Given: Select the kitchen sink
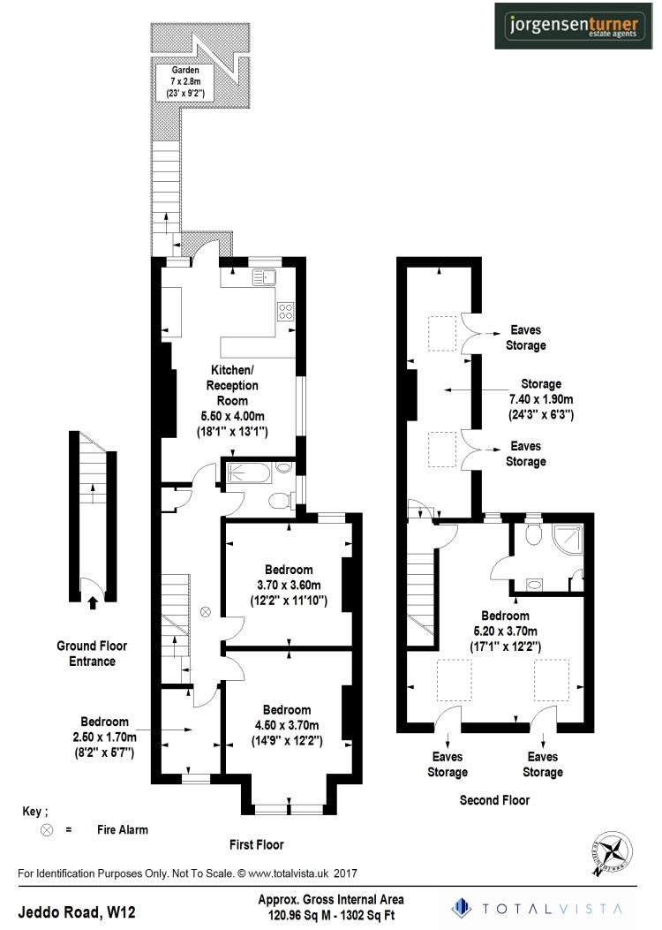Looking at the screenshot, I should pyautogui.click(x=265, y=278).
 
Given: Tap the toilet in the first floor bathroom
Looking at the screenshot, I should pyautogui.click(x=280, y=501).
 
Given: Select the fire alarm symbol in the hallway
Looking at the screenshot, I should pyautogui.click(x=206, y=611).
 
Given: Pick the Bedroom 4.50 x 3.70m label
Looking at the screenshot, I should pyautogui.click(x=286, y=725).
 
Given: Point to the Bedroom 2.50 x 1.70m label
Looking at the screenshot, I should pyautogui.click(x=104, y=737).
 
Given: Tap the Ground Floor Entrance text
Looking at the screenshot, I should pyautogui.click(x=93, y=654).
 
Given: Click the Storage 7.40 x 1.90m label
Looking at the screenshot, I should pyautogui.click(x=541, y=398).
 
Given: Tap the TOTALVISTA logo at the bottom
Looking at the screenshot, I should pyautogui.click(x=538, y=908).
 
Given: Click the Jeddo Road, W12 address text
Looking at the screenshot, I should pyautogui.click(x=78, y=909).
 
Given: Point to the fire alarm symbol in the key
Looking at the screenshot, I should pyautogui.click(x=47, y=830).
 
